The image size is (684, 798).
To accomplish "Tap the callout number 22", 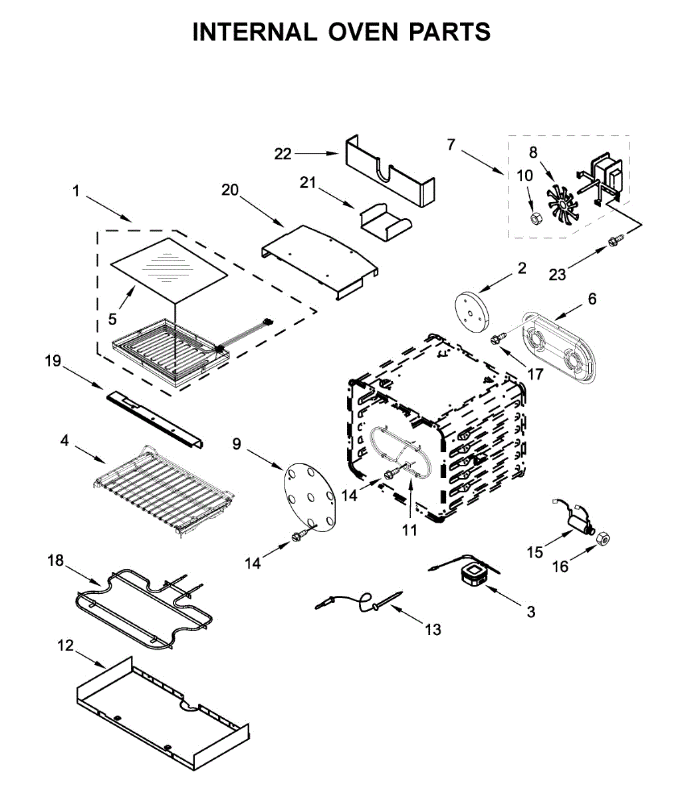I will (283, 154).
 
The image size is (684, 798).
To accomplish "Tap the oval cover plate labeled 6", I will (558, 346).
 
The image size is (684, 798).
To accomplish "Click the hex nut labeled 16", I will (604, 539).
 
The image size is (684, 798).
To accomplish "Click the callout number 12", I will (66, 646).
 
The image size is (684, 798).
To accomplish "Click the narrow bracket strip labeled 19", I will (154, 419).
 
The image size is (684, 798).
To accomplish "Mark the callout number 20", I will (230, 190).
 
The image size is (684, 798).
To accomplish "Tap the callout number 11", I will (409, 530).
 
